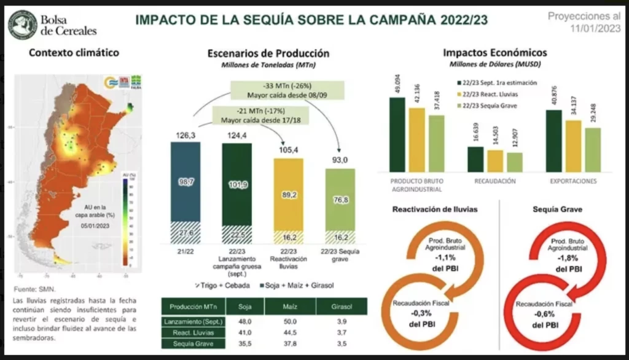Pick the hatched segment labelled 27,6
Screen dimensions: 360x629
click(185, 233)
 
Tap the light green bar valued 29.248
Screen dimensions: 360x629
click(593, 149)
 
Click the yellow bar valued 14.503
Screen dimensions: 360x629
click(495, 160)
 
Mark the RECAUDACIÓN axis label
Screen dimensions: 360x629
click(494, 182)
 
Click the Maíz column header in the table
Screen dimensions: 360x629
click(290, 307)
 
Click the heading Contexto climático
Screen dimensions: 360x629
click(74, 53)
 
